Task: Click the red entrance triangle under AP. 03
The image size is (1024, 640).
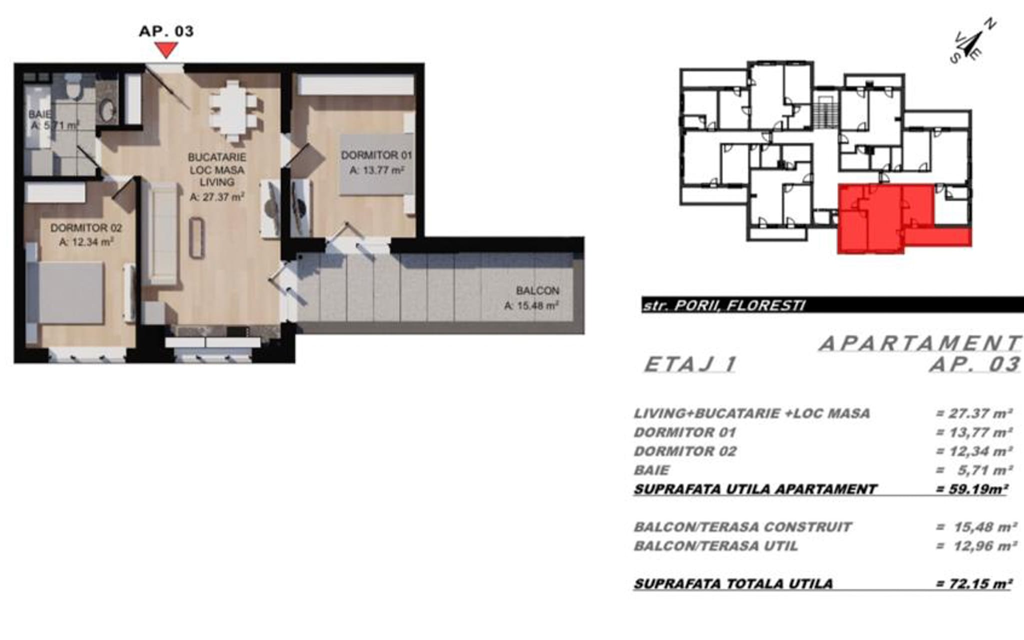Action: [166, 49]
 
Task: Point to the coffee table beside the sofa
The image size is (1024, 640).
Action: [197, 239]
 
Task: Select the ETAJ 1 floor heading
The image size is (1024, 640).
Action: [690, 364]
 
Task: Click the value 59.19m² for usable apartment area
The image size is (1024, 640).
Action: [971, 489]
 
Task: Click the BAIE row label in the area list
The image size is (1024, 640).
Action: [651, 470]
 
